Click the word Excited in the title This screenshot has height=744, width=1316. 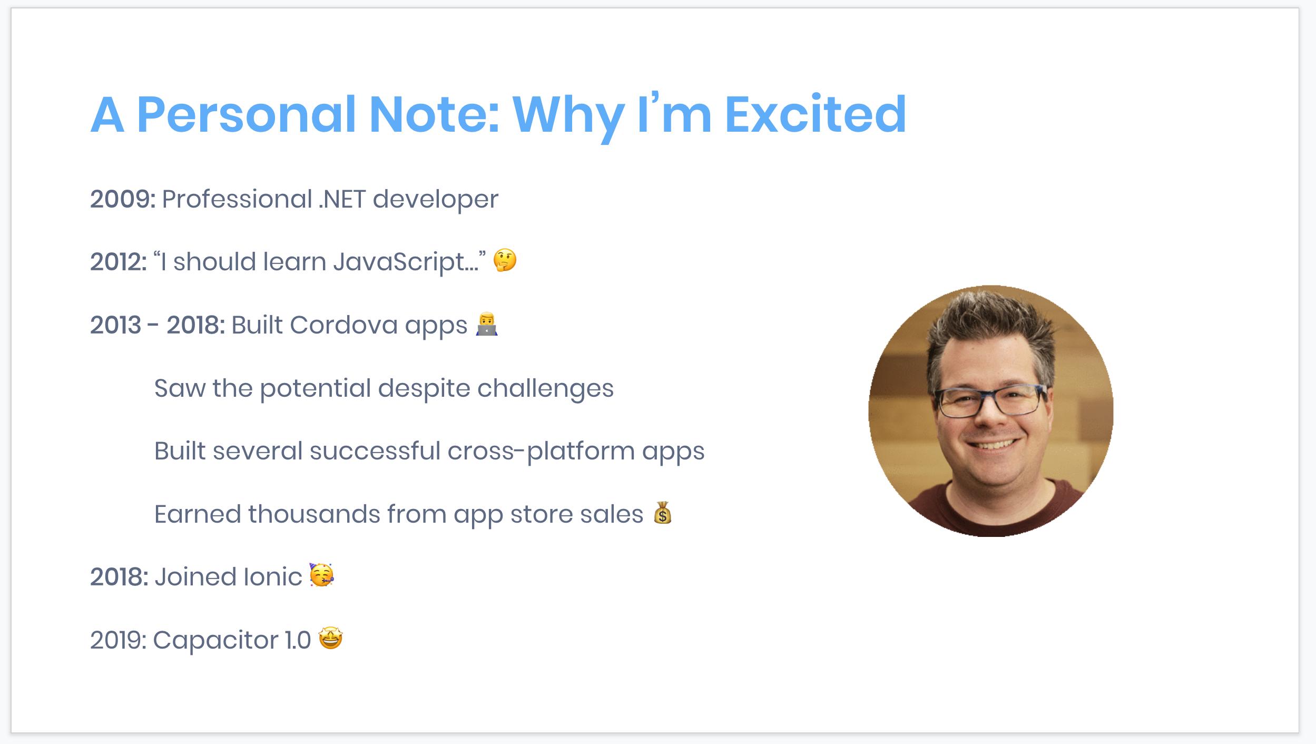(x=816, y=114)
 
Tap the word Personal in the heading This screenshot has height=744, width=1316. (x=247, y=114)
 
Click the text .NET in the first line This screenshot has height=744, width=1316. (x=342, y=199)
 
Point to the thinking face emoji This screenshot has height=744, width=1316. (x=505, y=260)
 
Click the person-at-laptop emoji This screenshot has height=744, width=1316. (x=486, y=324)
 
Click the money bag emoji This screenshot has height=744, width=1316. (x=663, y=513)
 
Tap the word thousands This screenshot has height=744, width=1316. (x=314, y=514)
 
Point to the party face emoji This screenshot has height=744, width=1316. (x=321, y=575)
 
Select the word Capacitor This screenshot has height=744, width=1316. (x=215, y=641)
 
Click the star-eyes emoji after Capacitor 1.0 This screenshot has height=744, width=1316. (x=331, y=639)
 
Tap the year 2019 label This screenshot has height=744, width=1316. (x=118, y=640)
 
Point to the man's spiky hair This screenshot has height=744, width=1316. (x=990, y=332)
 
